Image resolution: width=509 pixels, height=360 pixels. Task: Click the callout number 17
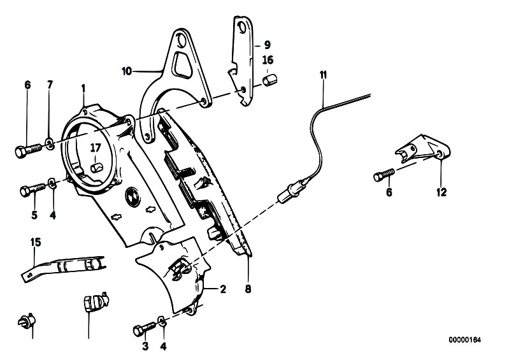tap(96, 148)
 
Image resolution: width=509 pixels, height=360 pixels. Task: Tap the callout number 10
tap(127, 71)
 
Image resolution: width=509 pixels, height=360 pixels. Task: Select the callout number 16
tap(268, 60)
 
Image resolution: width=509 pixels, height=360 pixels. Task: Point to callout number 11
tap(323, 75)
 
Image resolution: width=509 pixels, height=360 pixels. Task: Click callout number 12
tap(442, 192)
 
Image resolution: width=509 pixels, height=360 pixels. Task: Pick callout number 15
tap(36, 242)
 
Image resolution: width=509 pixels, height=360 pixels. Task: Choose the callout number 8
tap(248, 289)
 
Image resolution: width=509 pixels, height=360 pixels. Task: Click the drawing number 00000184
tap(465, 340)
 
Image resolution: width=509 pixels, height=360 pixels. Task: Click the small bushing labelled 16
tap(269, 80)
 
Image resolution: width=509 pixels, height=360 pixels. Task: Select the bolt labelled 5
tap(32, 189)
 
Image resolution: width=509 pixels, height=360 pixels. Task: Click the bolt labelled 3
tap(145, 329)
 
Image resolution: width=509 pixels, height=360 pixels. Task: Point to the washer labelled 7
tap(50, 142)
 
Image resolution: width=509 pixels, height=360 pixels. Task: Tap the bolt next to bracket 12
tap(384, 175)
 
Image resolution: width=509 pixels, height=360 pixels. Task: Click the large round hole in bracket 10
tap(180, 40)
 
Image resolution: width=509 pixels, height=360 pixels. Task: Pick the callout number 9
tap(267, 45)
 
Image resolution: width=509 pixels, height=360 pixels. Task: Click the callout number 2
tap(223, 289)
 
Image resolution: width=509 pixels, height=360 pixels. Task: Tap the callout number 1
tap(83, 89)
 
